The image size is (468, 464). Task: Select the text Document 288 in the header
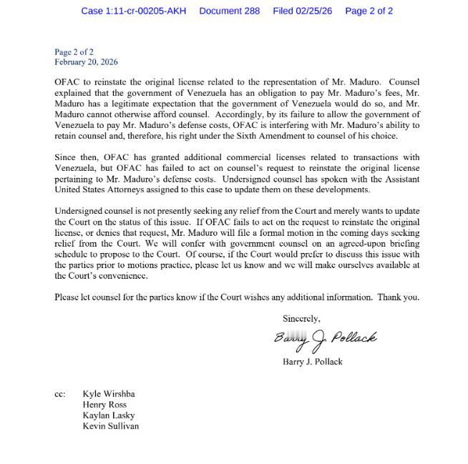(x=229, y=11)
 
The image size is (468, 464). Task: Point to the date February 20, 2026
(x=86, y=62)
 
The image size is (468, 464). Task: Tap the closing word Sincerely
(x=301, y=319)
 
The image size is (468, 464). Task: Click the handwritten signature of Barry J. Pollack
(x=325, y=339)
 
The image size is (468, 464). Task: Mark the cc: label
(x=60, y=394)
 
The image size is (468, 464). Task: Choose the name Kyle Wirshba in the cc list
(x=108, y=394)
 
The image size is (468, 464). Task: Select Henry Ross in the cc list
(x=104, y=405)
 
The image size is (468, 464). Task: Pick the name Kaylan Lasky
(x=108, y=415)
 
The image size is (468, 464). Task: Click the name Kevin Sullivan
(x=110, y=426)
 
